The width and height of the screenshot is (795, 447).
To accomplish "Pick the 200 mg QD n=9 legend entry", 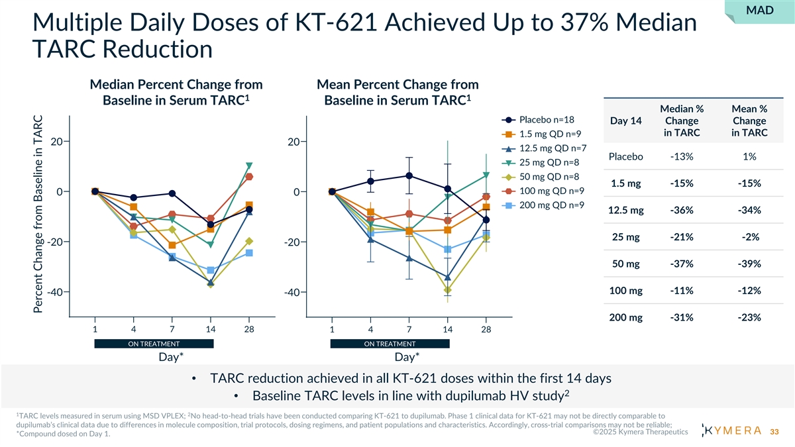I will coord(551,205).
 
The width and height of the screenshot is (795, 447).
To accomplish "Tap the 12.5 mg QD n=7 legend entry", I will coord(551,148).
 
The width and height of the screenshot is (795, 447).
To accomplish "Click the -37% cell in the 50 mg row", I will coord(682,264).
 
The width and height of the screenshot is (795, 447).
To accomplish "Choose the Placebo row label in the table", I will coord(626,156).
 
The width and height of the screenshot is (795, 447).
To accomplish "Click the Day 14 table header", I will coord(626,121).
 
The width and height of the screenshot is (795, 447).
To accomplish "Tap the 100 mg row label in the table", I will coord(626,291).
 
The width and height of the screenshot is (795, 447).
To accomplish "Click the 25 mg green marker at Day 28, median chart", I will coord(249,166).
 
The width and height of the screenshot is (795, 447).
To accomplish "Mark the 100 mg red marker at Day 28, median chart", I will coord(249,177).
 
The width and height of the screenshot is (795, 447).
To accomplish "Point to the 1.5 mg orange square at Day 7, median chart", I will coord(172,245).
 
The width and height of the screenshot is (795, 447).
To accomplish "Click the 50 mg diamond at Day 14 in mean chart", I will coord(448,290).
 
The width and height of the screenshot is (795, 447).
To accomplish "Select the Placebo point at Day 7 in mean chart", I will coord(409,175).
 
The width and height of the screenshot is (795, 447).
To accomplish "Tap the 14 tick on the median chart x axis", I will coord(210,329).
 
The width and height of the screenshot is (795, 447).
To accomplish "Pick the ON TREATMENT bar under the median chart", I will coord(154,344).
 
